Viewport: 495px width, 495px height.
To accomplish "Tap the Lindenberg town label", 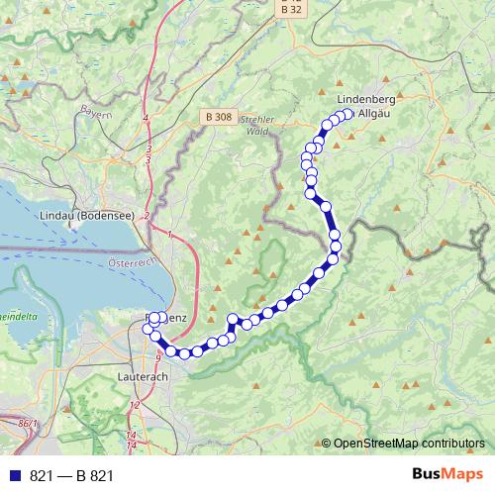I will coord(367,101).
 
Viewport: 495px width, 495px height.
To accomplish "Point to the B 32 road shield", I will coord(288,7).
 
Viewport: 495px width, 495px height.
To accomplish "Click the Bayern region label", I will coord(95,111).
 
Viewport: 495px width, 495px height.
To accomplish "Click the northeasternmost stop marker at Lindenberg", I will coord(347,114).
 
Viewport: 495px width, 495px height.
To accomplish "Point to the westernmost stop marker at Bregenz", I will coord(148,328).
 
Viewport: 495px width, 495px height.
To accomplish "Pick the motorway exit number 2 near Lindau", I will coord(146,216).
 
